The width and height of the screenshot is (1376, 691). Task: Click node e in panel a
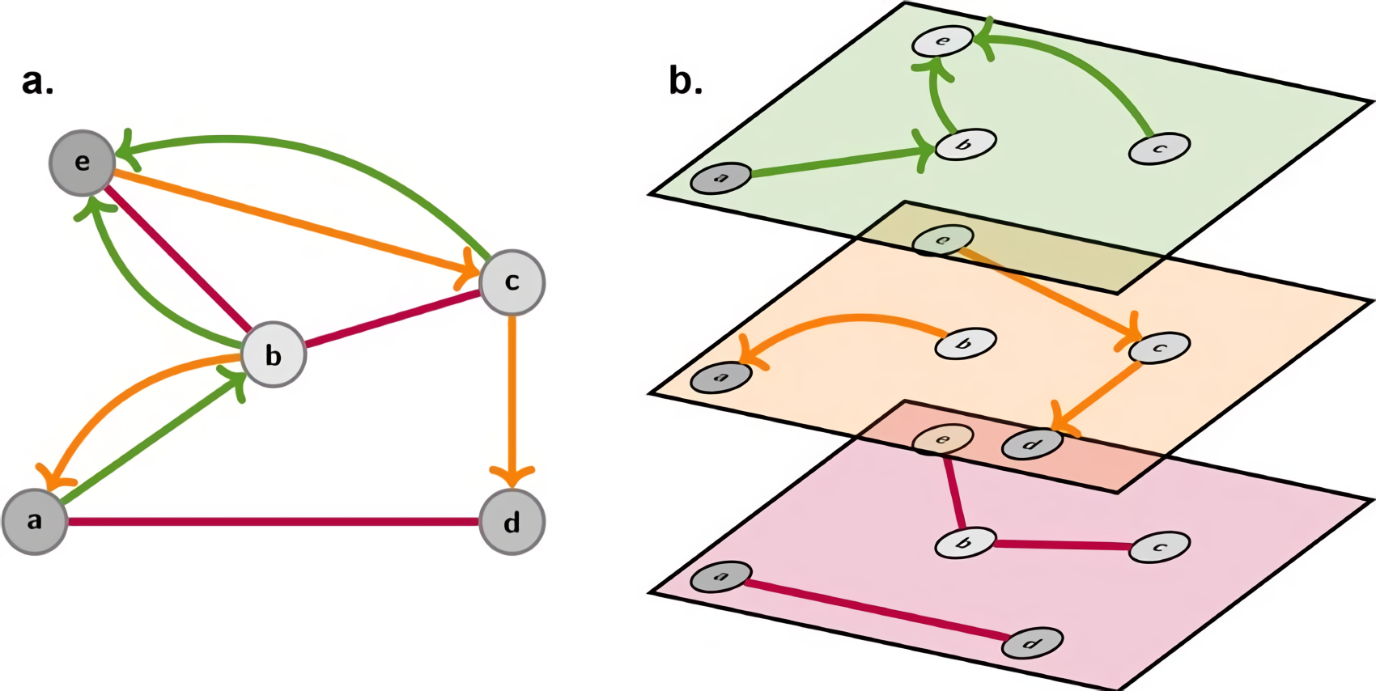coord(82,163)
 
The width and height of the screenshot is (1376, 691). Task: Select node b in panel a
coord(274,354)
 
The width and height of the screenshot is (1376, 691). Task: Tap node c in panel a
coord(512,282)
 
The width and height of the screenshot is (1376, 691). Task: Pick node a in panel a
coord(35,521)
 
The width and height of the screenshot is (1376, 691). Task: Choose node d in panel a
coord(512,522)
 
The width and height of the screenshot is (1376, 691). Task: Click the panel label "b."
coord(686,81)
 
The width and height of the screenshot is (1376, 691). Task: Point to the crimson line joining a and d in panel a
coord(274,522)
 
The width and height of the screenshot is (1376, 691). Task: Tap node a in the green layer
coord(720,178)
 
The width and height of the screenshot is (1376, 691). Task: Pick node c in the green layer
coord(1159,149)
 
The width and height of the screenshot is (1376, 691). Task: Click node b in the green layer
coord(965,145)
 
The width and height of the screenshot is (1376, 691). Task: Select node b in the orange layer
coord(965,343)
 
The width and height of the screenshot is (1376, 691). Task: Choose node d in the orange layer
coord(1032,444)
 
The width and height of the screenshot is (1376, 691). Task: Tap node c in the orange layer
coord(1159,348)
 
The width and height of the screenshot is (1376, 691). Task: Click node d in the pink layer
coord(1032,643)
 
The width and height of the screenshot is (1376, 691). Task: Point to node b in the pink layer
coord(965,543)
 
